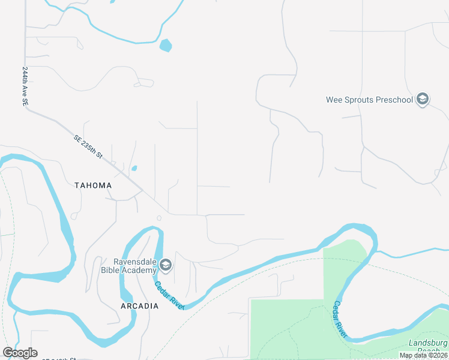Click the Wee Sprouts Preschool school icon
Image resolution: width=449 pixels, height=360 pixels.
[423, 99]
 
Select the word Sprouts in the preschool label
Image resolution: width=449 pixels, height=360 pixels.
[357, 100]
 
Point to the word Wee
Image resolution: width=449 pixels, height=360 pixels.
[333, 100]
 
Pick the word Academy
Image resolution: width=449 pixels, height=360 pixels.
[145, 270]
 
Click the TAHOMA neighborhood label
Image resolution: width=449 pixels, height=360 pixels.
[93, 185]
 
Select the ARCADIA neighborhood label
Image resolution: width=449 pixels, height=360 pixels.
[139, 306]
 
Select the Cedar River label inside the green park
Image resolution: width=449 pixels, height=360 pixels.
[340, 319]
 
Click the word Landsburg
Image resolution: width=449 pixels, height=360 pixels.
[429, 343]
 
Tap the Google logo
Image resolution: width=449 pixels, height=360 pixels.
[20, 353]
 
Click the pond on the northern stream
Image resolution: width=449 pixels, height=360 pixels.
[166, 45]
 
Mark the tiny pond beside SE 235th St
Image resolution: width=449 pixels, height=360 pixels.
[134, 168]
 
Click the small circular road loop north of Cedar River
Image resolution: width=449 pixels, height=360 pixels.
[159, 218]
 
